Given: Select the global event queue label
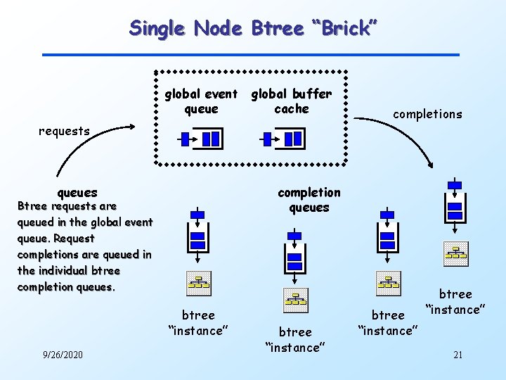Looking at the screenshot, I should (x=201, y=101).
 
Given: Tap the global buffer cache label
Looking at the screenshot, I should (x=291, y=101).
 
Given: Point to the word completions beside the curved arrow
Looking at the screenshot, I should (x=427, y=114).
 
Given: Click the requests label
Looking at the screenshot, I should (x=64, y=130).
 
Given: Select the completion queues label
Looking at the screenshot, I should (x=309, y=200).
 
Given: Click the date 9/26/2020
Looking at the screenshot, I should (x=63, y=355).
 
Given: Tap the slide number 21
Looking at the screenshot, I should (x=458, y=355).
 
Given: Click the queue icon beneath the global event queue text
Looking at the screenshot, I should (x=202, y=139).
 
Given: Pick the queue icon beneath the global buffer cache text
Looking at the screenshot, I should (x=285, y=139).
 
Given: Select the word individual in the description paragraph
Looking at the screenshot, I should (x=70, y=270).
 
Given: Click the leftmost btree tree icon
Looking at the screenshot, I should (x=197, y=282).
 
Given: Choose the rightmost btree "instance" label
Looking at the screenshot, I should (x=455, y=301).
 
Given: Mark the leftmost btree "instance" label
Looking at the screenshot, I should (x=197, y=322).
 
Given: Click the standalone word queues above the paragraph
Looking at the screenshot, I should (x=77, y=192).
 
